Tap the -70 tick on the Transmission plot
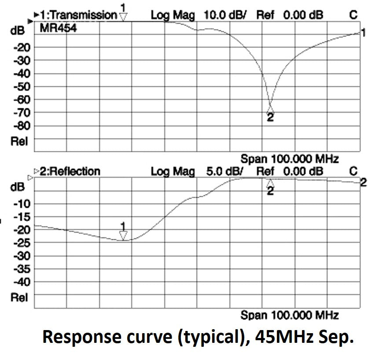click(22, 113)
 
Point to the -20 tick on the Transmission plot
click(22, 47)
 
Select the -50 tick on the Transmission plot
click(22, 86)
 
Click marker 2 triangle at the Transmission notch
click(270, 109)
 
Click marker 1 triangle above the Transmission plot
click(123, 16)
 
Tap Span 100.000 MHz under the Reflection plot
click(289, 315)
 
